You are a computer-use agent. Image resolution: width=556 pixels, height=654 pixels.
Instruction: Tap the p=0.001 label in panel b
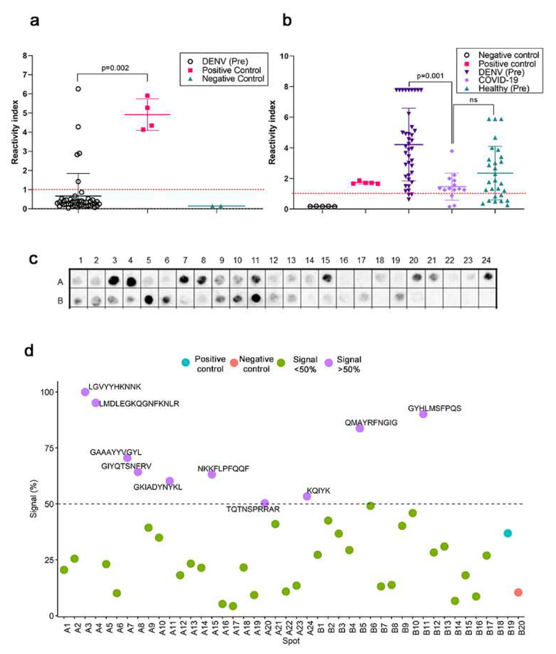pos(430,76)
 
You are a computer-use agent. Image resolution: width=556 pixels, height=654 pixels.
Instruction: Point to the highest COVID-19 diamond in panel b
pos(452,151)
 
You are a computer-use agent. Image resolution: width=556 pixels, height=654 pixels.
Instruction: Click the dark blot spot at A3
pos(114,280)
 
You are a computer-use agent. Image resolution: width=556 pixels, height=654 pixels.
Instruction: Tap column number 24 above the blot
pos(486,260)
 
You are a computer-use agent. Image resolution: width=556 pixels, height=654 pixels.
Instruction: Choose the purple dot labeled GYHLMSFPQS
pos(423,414)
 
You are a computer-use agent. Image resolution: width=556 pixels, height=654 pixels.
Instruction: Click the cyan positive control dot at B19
pos(508,533)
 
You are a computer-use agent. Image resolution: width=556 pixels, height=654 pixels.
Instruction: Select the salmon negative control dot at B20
pos(518,592)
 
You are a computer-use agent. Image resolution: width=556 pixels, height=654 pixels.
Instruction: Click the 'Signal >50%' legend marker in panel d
pos(329,363)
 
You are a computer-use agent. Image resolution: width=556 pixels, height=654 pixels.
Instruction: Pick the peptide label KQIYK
pos(319,491)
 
